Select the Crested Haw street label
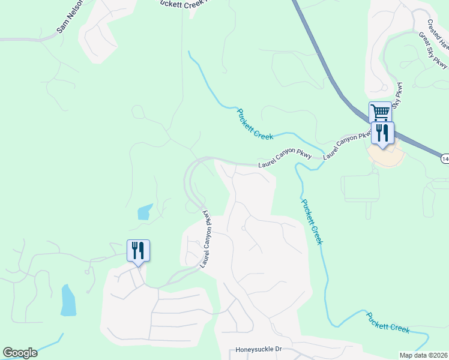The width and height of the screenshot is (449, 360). pos(438,34)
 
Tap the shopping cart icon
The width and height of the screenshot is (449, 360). pos(380,112)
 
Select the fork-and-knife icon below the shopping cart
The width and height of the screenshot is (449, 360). pos(382,133)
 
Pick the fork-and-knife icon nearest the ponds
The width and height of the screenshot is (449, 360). pos(138,250)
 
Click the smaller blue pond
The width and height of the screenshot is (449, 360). pos(145,212)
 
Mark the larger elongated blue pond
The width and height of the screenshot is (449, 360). pos(68,301)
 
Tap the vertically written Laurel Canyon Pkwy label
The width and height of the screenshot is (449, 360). pos(207,238)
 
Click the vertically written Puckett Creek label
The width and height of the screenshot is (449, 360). pos(312,221)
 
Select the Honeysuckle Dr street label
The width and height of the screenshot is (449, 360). pos(258,349)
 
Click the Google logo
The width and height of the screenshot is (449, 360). pos(20,353)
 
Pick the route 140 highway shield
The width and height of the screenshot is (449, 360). pos(445,158)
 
